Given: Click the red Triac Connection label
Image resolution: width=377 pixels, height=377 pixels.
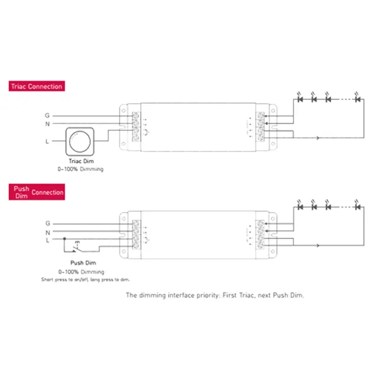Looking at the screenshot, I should [36, 86].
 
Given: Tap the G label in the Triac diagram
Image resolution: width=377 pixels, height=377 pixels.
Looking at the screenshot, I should [47, 115].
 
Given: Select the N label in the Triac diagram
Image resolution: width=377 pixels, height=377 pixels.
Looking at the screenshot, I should [47, 124].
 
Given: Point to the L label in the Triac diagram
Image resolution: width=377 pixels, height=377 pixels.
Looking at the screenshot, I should [47, 141].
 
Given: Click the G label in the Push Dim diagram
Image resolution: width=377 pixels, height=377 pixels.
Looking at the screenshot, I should [47, 223].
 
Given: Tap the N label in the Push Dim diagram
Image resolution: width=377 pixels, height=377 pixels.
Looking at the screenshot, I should [47, 231].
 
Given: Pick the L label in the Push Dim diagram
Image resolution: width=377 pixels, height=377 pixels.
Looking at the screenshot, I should [47, 240].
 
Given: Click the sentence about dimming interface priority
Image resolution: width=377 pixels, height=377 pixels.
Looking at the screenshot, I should [215, 295].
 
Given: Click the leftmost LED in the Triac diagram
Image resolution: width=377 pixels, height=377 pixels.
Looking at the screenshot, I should [300, 99].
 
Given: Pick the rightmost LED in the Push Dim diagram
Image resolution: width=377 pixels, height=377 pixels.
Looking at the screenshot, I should [358, 206].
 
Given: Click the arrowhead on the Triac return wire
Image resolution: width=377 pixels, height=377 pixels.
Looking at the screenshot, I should [319, 138].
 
